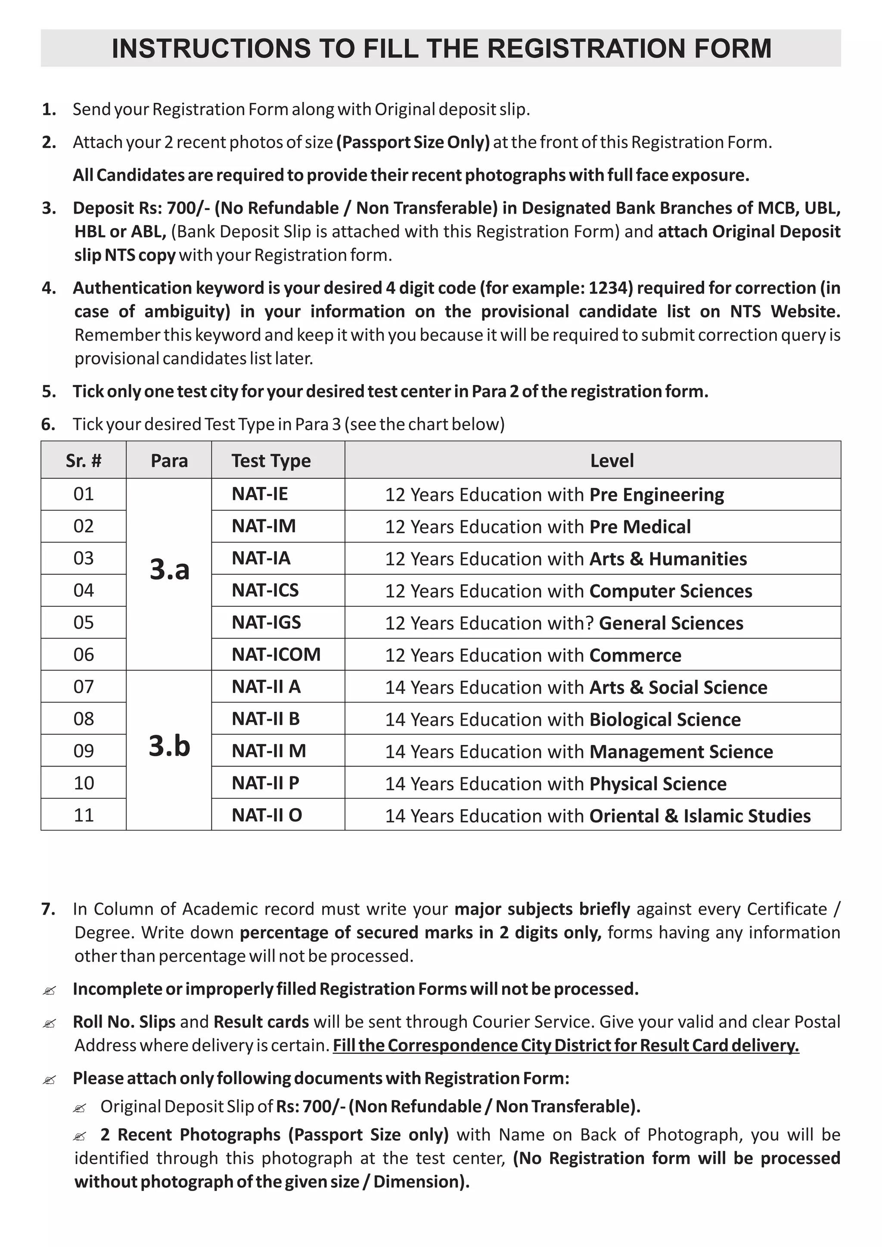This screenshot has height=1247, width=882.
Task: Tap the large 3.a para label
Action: (x=169, y=569)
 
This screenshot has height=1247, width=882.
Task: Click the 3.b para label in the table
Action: (x=169, y=746)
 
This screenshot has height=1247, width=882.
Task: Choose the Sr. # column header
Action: (x=84, y=461)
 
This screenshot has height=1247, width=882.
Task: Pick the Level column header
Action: (x=612, y=461)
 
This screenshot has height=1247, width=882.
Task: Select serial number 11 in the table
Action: (x=84, y=815)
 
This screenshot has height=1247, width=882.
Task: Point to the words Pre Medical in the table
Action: (x=640, y=527)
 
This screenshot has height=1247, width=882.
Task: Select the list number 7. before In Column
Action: (x=48, y=909)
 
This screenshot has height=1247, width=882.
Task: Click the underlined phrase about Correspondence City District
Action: (x=565, y=1045)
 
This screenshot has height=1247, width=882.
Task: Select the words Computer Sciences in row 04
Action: (x=670, y=591)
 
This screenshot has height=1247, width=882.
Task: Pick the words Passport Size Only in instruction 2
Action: (x=413, y=142)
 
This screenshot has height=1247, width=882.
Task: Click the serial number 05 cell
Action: (x=84, y=622)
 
